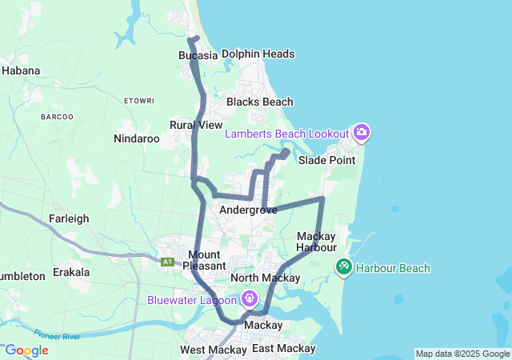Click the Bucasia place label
pos(198,55)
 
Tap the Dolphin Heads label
pos(258,54)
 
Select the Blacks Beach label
pos(259,102)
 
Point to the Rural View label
pos(196,125)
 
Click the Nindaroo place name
pos(137,138)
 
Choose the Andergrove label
pos(248,210)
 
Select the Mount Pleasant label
pos(205,259)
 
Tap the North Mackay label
pos(265,278)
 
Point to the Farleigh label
pos(69,218)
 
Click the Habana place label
pos(21,70)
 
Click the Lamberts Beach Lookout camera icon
pos(362,132)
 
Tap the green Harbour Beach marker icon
pos(344,266)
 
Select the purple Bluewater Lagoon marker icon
pos(250,299)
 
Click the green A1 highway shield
pos(167,262)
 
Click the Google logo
pos(26,350)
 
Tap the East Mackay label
pos(283,349)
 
